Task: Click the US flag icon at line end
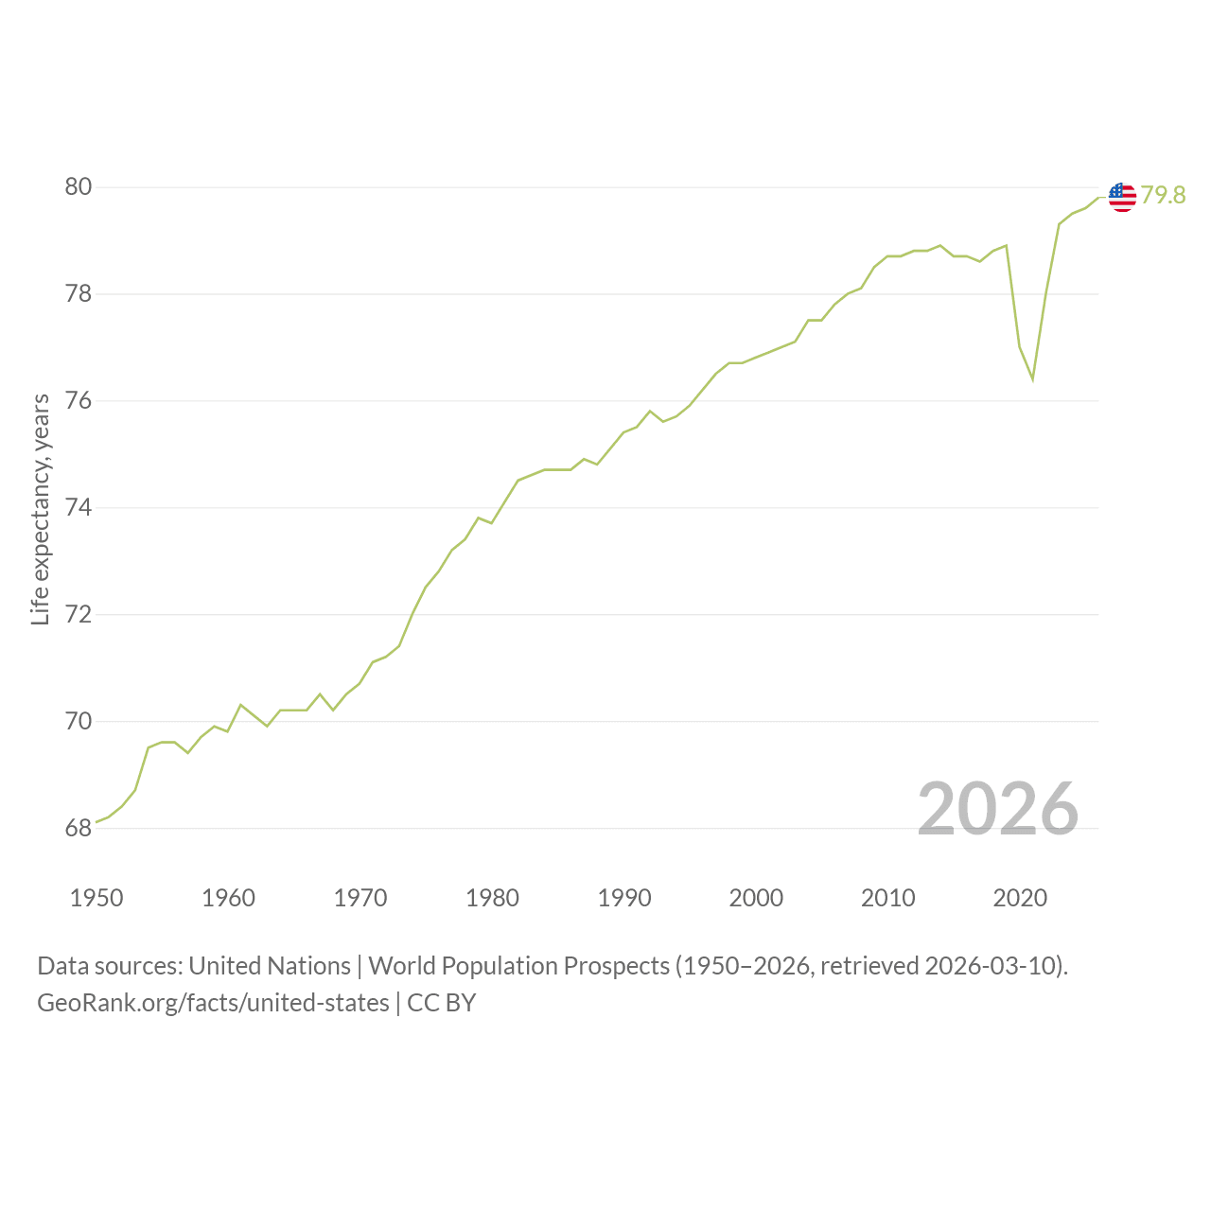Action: coord(1122,198)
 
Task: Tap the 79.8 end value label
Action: coord(1163,196)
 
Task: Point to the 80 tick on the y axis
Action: coord(79,186)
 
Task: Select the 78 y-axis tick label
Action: coord(79,293)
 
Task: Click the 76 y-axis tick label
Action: coord(79,400)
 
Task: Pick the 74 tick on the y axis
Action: coord(79,507)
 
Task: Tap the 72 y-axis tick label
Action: coord(79,614)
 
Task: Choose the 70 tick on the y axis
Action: coord(79,721)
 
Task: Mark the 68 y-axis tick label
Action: coord(79,828)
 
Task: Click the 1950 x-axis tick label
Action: coord(97,898)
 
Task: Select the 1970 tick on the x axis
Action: coord(360,898)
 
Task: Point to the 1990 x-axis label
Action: coord(624,898)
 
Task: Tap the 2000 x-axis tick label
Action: coord(756,898)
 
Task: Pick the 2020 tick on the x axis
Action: coord(1020,898)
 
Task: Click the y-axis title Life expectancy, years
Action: coord(41,510)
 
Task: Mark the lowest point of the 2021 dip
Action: coord(1032,379)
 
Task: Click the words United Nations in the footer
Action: coord(270,966)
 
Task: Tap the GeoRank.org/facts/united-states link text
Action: coord(213,1003)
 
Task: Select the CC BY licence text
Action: coord(441,1003)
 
